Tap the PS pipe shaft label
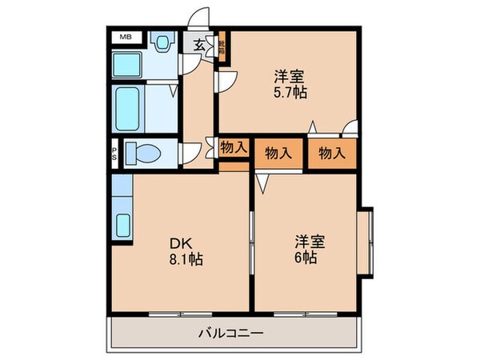(x=114, y=152)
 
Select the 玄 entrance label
(x=197, y=45)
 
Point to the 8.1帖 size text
(x=185, y=259)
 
